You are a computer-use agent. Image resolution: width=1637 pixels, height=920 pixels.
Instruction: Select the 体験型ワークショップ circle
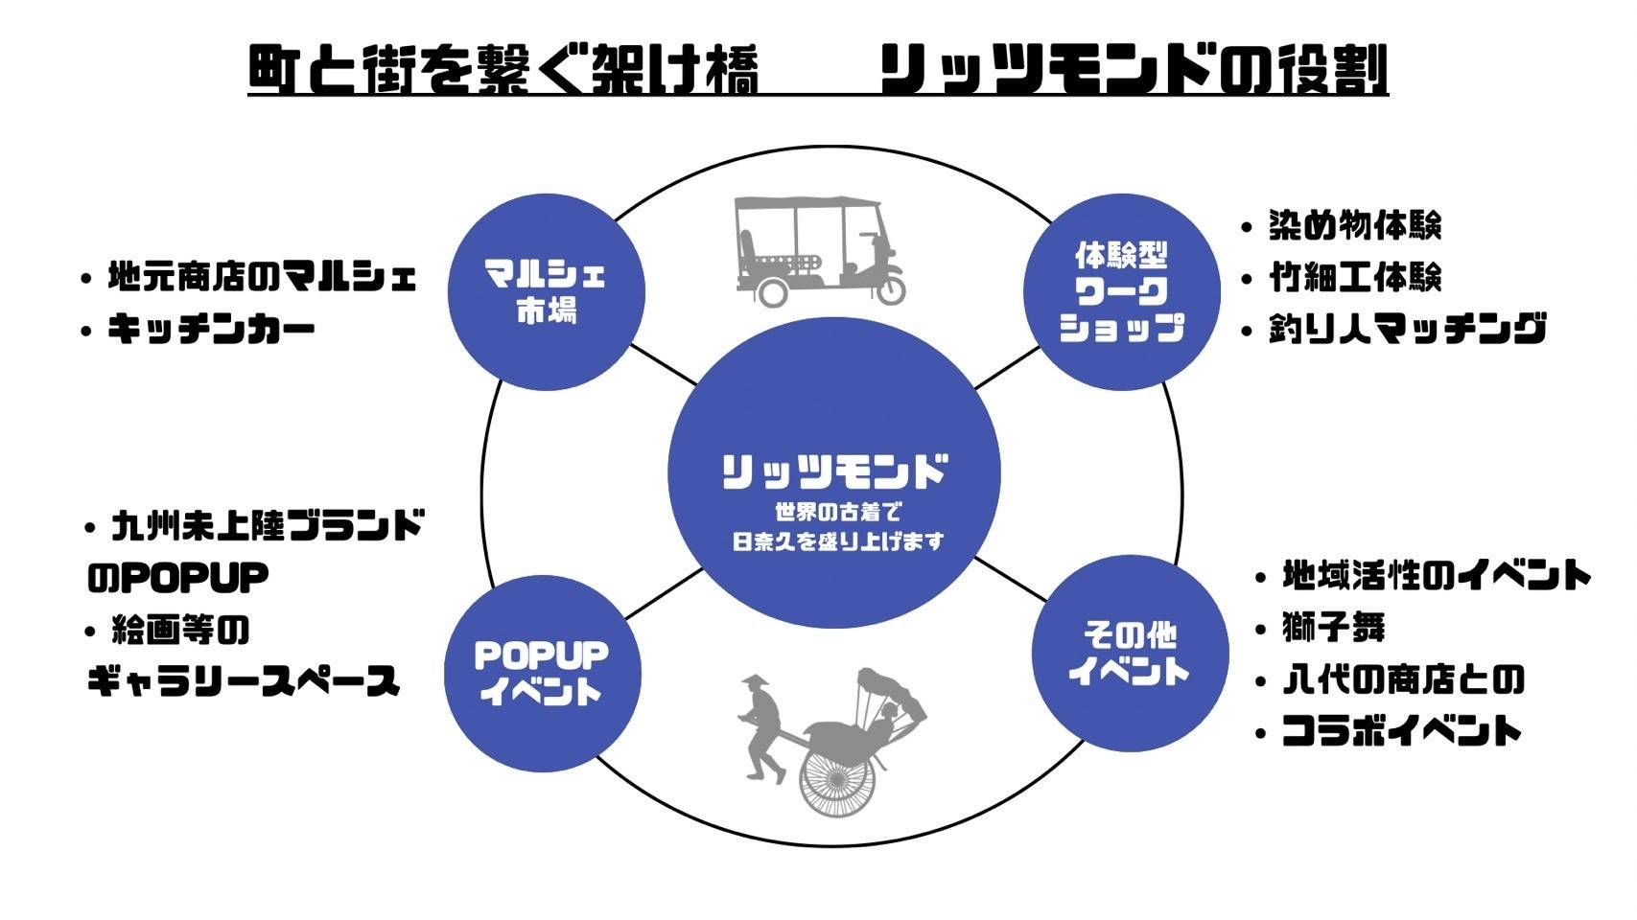[1121, 291]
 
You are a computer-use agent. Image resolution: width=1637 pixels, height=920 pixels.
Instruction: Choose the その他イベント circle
[1130, 653]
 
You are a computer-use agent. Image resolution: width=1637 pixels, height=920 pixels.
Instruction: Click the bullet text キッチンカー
[211, 331]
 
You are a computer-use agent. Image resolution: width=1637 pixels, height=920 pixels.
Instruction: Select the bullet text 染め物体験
[1354, 226]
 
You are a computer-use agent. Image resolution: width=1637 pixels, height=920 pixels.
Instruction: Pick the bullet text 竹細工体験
[1354, 278]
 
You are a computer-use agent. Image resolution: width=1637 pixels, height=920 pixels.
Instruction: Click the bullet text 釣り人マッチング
[1407, 330]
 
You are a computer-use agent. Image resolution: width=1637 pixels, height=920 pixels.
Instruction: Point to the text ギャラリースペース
[244, 681]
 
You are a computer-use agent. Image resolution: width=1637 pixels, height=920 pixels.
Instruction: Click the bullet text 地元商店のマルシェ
[261, 278]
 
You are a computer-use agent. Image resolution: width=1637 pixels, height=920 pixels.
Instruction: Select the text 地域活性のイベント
[1436, 577]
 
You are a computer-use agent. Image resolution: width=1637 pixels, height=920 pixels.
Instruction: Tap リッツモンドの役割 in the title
[1134, 71]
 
